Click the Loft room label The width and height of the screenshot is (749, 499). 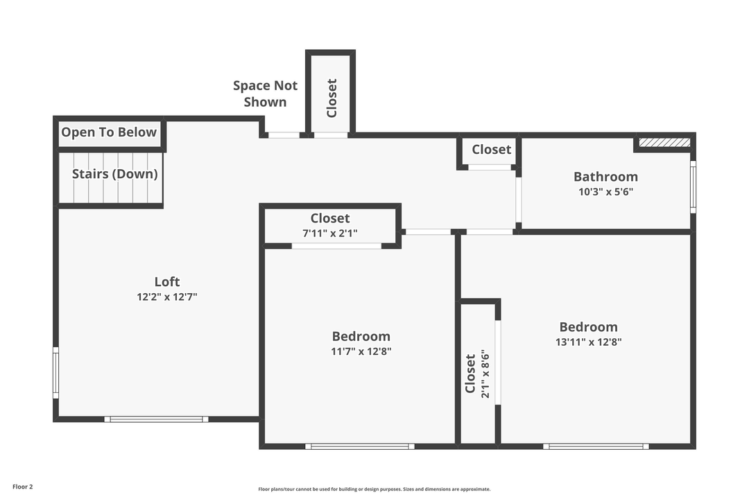click(x=166, y=281)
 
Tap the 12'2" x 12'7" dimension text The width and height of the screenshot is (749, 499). click(x=166, y=297)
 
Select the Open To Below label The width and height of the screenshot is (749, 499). click(x=109, y=132)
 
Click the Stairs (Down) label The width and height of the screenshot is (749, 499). click(x=115, y=174)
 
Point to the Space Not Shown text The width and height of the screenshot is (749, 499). click(x=265, y=94)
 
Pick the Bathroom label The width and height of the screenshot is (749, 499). click(x=605, y=177)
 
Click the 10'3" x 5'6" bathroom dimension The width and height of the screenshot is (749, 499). click(x=605, y=192)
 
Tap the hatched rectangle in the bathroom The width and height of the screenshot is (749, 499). click(x=664, y=142)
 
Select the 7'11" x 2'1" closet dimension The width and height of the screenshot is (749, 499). click(x=330, y=234)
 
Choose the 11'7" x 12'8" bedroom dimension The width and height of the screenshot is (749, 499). click(x=361, y=351)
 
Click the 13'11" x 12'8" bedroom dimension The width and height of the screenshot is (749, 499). click(x=588, y=342)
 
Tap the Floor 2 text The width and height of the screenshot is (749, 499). click(x=22, y=487)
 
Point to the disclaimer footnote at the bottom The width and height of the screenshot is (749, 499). click(x=374, y=489)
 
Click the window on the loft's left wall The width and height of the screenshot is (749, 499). click(x=56, y=373)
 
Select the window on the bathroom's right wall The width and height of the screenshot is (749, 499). click(x=692, y=186)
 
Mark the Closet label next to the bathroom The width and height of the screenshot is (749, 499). click(x=491, y=150)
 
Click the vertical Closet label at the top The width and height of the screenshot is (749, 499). click(x=332, y=98)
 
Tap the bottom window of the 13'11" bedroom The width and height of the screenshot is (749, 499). click(x=596, y=446)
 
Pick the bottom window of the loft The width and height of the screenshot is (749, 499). click(x=156, y=419)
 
